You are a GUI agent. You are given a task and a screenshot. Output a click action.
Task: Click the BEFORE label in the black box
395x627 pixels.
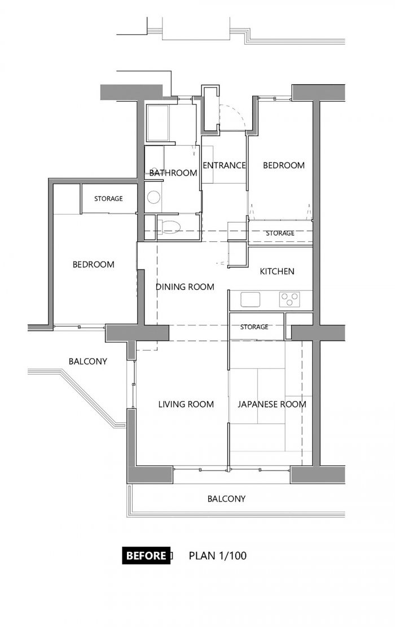click(146, 555)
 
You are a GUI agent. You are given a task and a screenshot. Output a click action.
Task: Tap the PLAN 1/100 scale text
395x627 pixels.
click(218, 555)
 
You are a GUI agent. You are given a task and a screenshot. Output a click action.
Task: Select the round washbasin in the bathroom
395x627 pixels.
click(153, 197)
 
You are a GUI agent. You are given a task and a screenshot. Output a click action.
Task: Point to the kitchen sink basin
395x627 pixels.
click(251, 299)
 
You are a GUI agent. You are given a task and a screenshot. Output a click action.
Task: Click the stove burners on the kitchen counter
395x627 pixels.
click(289, 299)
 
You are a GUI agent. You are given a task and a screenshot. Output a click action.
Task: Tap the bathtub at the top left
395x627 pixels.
click(159, 123)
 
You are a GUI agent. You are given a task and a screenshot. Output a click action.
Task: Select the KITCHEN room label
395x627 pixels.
click(277, 272)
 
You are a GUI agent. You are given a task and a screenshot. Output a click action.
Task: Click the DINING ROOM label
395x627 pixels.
click(185, 287)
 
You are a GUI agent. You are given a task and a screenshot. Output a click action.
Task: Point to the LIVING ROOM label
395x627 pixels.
click(186, 404)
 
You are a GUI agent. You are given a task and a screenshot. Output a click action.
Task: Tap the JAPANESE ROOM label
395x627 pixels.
click(272, 404)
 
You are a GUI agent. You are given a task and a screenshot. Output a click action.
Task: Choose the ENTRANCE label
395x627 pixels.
click(224, 165)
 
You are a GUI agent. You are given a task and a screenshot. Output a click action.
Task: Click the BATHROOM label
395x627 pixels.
click(173, 173)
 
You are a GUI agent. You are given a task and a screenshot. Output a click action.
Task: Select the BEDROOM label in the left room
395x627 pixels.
click(94, 264)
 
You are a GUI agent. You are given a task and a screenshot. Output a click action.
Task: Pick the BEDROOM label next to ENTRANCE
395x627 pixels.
click(284, 165)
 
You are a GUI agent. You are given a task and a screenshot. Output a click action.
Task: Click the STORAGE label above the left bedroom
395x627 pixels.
click(109, 199)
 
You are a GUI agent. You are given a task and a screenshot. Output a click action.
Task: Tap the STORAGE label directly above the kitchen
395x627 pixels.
click(280, 233)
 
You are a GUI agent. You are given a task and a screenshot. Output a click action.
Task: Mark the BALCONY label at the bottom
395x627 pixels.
click(226, 499)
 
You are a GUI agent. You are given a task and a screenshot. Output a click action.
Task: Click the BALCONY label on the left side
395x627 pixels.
click(88, 362)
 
